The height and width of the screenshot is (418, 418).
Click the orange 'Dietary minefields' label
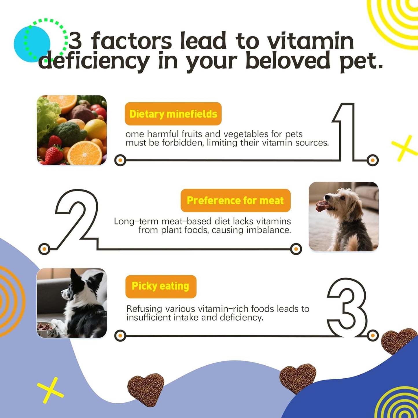tap(173, 114)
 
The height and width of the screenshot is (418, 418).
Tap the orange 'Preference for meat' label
tap(235, 200)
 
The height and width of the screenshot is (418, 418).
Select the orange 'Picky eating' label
tap(161, 286)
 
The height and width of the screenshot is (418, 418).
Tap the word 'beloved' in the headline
tap(288, 61)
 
